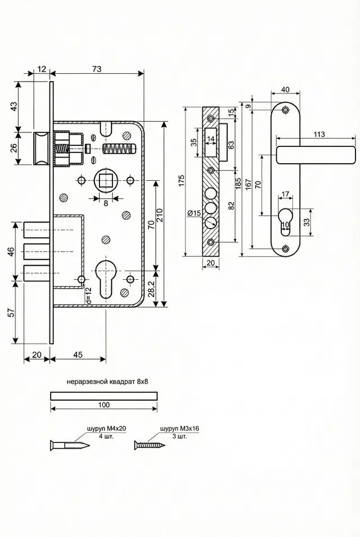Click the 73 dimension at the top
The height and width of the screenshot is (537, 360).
(x=97, y=69)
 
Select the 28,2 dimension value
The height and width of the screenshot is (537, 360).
(x=152, y=289)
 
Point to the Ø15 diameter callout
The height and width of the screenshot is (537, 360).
(x=194, y=213)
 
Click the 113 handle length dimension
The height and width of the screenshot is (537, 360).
(x=319, y=134)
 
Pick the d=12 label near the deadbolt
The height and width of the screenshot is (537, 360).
(x=88, y=296)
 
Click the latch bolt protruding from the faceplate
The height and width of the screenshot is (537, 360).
(x=42, y=149)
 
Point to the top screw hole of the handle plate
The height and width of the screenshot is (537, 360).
(x=285, y=110)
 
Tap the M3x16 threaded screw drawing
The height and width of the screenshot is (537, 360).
(x=150, y=445)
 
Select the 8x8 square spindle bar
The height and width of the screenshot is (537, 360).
(x=104, y=396)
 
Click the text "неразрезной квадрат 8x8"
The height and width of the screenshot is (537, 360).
(x=107, y=382)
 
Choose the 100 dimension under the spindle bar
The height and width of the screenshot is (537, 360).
(x=104, y=405)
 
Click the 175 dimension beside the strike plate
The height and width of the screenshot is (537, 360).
(x=181, y=181)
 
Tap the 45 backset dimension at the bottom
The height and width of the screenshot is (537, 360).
(x=78, y=355)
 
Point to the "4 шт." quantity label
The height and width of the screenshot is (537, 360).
(x=106, y=437)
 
